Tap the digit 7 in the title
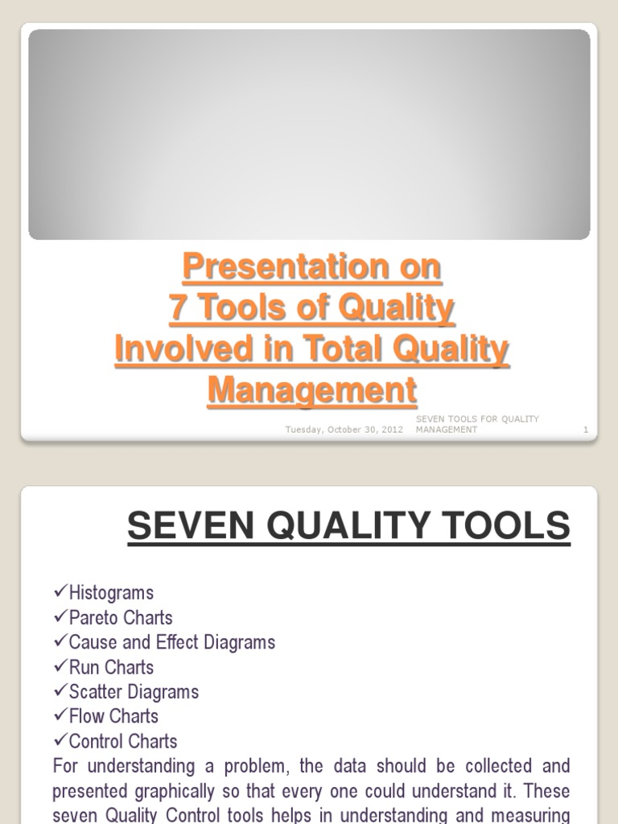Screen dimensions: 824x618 coord(177,309)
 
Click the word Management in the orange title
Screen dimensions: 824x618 coord(312,391)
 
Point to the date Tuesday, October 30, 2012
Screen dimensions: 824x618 coord(344,430)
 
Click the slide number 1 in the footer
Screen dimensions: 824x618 coord(586,430)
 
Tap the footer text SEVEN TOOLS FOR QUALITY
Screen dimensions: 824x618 coord(477,418)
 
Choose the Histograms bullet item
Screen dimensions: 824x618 coord(111,593)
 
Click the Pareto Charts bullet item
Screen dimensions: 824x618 coord(121,618)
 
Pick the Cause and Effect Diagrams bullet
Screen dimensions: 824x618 coord(171,642)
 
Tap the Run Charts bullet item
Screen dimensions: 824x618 coord(111,667)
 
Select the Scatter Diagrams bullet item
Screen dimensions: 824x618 coord(134,692)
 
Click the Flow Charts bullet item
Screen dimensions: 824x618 coord(113,716)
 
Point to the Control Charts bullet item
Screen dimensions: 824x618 coord(123,741)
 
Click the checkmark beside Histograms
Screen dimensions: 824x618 coord(60,593)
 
